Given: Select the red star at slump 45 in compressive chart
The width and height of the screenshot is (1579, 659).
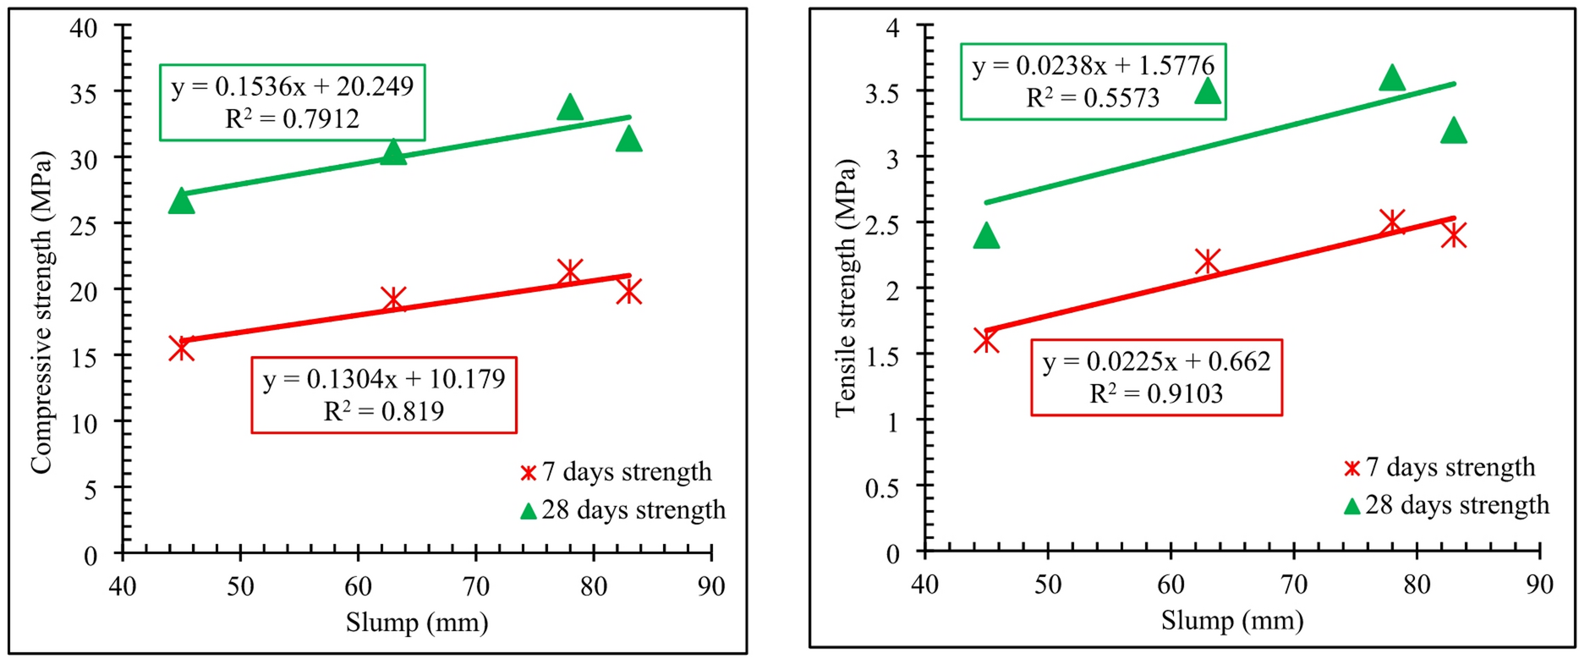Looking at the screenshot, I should pos(181,348).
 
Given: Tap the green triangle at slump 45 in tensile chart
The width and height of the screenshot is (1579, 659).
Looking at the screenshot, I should pos(986,236).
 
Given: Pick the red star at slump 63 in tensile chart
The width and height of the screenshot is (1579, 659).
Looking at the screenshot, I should pos(1208,262).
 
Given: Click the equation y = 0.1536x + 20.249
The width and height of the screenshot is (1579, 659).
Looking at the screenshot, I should pos(293,86).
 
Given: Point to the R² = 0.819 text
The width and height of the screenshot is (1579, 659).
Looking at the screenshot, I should pos(384,411).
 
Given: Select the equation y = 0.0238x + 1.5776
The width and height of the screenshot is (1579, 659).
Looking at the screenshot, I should pos(1094,66).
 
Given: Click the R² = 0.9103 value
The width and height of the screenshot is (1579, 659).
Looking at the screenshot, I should pos(1156,394).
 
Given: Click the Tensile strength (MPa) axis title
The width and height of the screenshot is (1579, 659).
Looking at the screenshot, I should pos(845,288).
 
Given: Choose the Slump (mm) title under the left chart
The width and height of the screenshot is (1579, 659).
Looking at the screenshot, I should pos(417,623).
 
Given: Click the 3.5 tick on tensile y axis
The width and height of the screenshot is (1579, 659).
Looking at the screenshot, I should pos(883,91).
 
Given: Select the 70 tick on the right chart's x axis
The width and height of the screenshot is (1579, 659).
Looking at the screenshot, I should pos(1294,585).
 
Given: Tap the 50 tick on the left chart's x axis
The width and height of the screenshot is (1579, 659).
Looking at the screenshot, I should pos(241,586).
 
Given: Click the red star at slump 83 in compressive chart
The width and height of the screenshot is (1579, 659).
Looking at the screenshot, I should pos(628,291).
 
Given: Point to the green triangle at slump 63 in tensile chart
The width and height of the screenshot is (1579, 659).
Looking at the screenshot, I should pos(1208,91).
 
